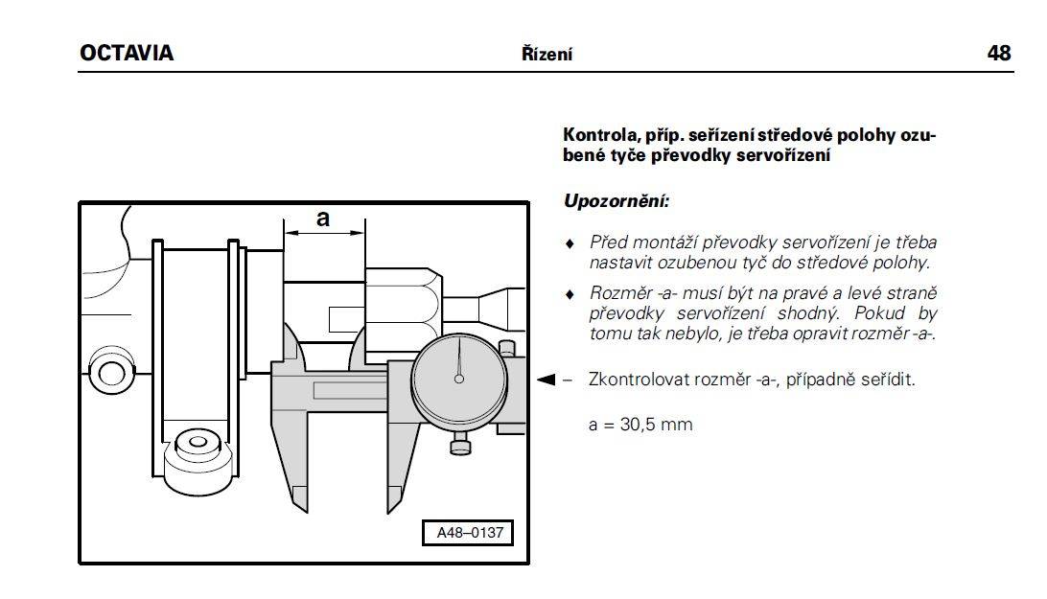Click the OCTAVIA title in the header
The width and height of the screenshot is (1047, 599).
[x=127, y=53]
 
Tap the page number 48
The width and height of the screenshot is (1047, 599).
[x=999, y=53]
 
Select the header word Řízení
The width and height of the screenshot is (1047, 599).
[x=547, y=54]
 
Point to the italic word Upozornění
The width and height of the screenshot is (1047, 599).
[x=617, y=201]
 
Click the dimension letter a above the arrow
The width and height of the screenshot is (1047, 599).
[x=323, y=218]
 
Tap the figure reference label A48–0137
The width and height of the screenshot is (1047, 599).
[x=469, y=532]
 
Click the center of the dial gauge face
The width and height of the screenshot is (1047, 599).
[x=458, y=379]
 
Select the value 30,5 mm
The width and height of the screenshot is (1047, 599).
[x=657, y=425]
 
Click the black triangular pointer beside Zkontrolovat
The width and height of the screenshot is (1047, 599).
[x=547, y=380]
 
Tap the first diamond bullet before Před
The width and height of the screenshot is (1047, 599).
[x=570, y=243]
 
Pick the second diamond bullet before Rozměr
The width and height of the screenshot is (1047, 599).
[x=570, y=294]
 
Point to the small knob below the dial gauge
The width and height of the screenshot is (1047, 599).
[x=460, y=443]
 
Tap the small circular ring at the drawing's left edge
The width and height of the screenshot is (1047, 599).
[x=111, y=373]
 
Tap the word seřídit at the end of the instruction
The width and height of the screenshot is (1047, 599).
[x=888, y=380]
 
